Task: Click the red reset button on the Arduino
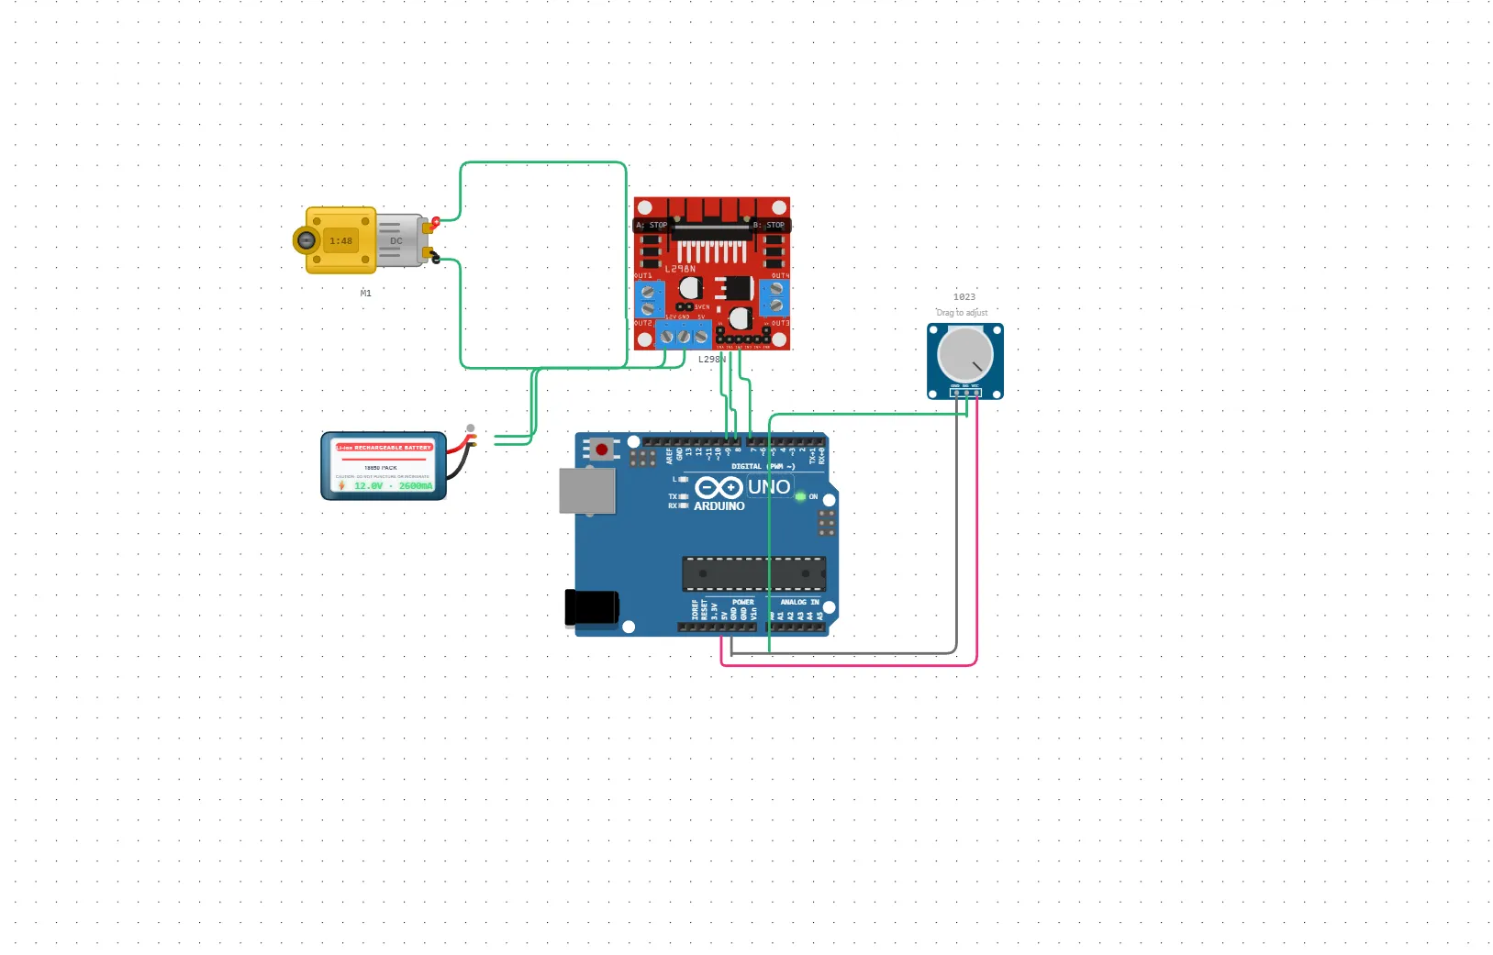(x=601, y=450)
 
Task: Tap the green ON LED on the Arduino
(x=800, y=496)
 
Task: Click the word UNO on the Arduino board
(x=769, y=487)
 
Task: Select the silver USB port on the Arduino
(x=587, y=491)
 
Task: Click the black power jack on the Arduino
(x=591, y=608)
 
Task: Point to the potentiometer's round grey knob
(x=964, y=354)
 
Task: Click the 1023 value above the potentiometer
(x=964, y=297)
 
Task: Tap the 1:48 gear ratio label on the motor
(x=341, y=241)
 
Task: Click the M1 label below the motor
(x=366, y=294)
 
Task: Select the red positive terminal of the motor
(x=435, y=222)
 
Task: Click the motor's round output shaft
(x=306, y=240)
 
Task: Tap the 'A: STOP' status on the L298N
(x=652, y=225)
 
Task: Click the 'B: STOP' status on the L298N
(x=769, y=225)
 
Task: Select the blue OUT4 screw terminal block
(x=775, y=297)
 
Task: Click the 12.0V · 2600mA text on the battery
(x=393, y=486)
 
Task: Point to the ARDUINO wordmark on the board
(x=719, y=506)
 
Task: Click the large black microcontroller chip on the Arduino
(x=753, y=573)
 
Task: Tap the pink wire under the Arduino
(x=849, y=664)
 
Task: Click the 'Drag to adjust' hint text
(x=962, y=313)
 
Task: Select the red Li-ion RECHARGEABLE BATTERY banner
(x=384, y=448)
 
